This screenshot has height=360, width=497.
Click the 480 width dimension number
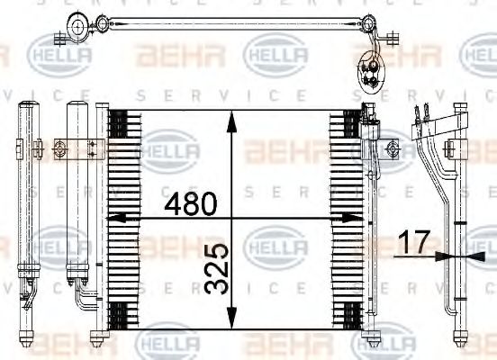point(190,204)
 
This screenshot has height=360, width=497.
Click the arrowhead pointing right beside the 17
point(440,256)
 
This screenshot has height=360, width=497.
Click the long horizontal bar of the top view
point(225,23)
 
